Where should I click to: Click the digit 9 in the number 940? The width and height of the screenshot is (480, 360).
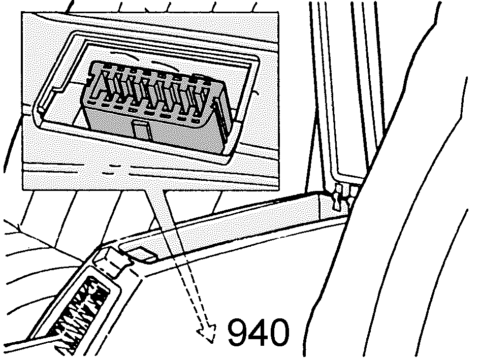[x=238, y=332]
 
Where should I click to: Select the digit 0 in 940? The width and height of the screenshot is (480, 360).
[x=279, y=332]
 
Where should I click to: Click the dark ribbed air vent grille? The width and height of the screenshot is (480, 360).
[x=80, y=309]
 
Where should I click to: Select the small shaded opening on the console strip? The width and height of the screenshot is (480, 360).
[x=141, y=254]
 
